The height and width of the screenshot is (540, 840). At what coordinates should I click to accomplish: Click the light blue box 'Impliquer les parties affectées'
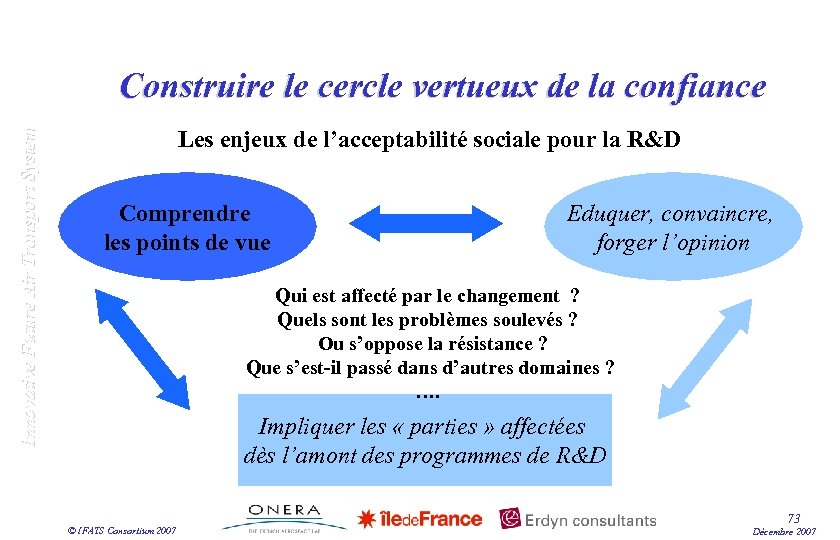pos(424,440)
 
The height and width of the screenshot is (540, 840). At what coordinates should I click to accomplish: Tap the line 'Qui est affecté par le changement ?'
pos(427,296)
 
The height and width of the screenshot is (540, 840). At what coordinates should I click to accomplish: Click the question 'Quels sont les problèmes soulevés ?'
pos(427,320)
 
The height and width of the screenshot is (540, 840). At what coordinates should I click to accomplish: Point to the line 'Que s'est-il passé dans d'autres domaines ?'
pos(430,368)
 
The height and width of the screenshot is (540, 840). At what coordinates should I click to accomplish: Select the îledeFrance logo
pos(420,518)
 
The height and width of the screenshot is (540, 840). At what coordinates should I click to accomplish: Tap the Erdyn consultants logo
pos(578,519)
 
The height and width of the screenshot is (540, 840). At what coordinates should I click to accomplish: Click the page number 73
pos(793,518)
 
